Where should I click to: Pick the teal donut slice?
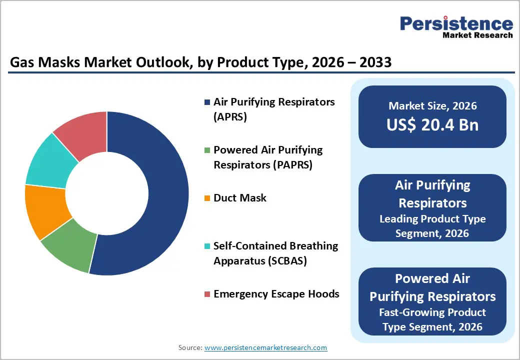tap(50, 160)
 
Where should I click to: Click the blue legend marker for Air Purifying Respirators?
tap(207, 102)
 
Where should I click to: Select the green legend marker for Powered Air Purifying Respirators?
tap(207, 150)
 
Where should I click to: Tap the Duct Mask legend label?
tap(240, 198)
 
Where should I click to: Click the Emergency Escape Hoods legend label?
tap(276, 294)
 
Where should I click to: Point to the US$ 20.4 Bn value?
tap(432, 125)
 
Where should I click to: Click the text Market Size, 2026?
tap(432, 106)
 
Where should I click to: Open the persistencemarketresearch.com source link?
tap(265, 347)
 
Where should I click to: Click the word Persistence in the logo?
tap(456, 23)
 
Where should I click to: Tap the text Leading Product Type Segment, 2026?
tap(432, 226)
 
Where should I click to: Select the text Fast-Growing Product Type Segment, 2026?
tap(432, 319)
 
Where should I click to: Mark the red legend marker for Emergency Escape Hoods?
tap(207, 294)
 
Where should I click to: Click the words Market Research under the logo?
tap(477, 35)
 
